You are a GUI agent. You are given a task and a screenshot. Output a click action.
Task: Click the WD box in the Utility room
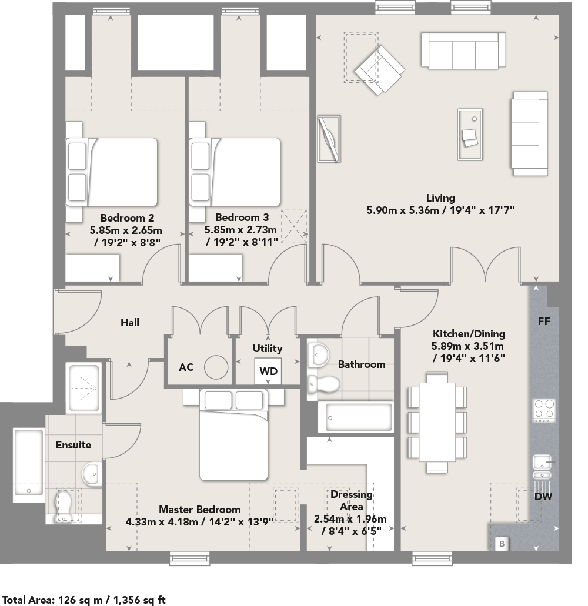pos(269,371)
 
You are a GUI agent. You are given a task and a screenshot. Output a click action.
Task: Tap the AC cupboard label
pos(186,367)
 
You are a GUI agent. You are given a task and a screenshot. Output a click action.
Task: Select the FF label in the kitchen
pos(544,322)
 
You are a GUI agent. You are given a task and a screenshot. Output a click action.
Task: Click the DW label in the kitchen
pos(543,496)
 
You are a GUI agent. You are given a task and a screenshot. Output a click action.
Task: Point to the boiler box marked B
pos(502,544)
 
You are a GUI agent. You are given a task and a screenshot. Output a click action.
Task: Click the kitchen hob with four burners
pos(544,410)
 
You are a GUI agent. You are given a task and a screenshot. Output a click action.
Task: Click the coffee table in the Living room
pos(472,134)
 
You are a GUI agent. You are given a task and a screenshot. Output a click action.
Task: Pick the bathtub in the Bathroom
pos(355,418)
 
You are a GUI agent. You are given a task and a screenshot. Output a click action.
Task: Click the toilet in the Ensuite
pos(64,506)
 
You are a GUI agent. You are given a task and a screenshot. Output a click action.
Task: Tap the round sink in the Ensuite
pos(91,473)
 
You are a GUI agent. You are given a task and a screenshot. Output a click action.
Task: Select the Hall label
pos(130,322)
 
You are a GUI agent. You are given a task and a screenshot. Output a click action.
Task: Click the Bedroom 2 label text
pos(119,217)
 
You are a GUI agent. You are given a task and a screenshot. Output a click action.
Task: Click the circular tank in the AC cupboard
pos(216,367)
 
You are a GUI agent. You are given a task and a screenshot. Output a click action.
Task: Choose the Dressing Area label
pos(351,501)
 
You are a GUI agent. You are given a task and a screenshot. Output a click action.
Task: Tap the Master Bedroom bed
pos(234,435)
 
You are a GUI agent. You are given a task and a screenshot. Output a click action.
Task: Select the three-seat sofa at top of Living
pos(463,51)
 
